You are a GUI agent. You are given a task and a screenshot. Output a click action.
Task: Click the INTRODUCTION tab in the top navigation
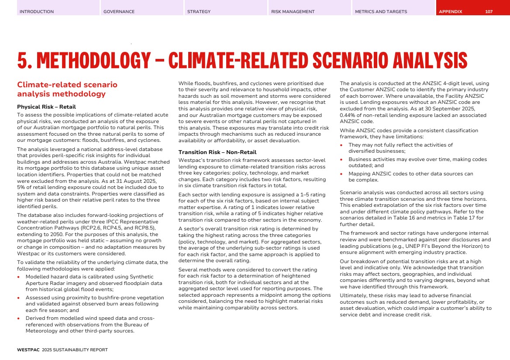click(37, 12)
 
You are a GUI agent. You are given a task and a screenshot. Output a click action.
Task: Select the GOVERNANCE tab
click(119, 12)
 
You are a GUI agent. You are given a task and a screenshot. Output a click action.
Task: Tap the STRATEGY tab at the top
click(199, 12)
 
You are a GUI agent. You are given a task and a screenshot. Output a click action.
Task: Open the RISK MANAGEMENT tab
click(293, 12)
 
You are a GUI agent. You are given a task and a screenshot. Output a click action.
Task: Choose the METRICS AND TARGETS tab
click(381, 12)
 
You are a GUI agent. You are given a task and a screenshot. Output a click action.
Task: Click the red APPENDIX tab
click(451, 12)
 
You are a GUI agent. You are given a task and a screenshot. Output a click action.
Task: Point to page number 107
click(489, 12)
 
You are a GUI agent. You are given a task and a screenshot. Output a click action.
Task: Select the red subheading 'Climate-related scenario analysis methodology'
click(67, 89)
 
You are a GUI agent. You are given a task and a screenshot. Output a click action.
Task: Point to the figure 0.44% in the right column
click(348, 115)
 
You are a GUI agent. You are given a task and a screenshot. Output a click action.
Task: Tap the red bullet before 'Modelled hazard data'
click(19, 277)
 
